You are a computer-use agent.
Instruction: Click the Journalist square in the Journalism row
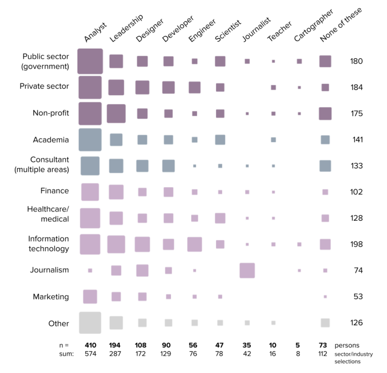(x=247, y=270)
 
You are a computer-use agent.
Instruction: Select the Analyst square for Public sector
(x=90, y=61)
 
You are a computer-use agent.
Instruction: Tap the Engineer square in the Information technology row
(x=195, y=244)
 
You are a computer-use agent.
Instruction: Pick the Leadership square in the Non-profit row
(x=116, y=113)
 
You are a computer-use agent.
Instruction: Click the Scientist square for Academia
(x=220, y=140)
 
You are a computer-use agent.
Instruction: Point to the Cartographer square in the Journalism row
(x=299, y=270)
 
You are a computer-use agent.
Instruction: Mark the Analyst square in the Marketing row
(x=90, y=297)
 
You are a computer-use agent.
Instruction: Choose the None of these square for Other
(x=325, y=323)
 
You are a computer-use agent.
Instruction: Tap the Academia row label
(x=51, y=140)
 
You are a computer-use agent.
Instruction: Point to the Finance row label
(x=55, y=191)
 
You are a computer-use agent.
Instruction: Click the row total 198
(x=356, y=244)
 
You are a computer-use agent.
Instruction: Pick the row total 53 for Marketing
(x=358, y=297)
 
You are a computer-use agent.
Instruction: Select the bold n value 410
(x=90, y=345)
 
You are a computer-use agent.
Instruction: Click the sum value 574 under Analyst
(x=90, y=354)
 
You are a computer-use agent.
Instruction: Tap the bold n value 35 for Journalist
(x=247, y=345)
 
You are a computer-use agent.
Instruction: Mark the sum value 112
(x=323, y=354)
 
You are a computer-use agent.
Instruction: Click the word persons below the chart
(x=347, y=345)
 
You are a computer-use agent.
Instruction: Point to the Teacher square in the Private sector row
(x=273, y=88)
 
